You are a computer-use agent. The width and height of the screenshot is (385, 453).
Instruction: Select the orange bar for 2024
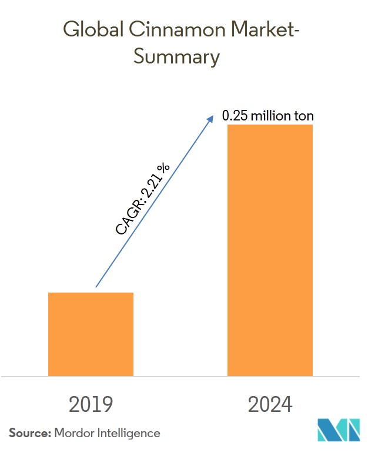270,250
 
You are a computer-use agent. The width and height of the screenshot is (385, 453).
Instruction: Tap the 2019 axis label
91,405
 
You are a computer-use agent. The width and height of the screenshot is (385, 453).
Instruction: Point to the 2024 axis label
270,405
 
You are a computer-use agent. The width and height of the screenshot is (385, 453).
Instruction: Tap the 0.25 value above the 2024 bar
235,116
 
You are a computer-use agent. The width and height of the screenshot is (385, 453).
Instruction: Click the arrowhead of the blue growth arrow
212,117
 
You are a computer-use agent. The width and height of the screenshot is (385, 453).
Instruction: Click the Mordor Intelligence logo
340,430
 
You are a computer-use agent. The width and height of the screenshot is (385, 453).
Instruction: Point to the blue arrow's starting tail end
96,287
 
